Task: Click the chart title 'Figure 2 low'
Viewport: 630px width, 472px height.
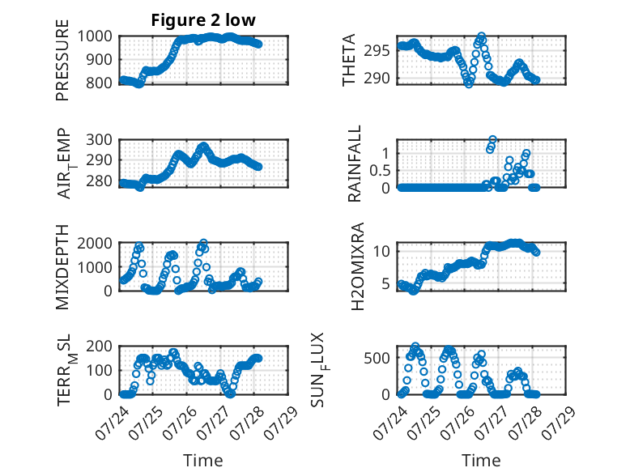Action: [x=203, y=20]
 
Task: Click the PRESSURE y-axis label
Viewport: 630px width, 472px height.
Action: [x=62, y=60]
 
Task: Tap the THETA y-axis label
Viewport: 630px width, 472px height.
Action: [x=349, y=60]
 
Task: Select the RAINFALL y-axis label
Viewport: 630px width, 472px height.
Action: [x=355, y=164]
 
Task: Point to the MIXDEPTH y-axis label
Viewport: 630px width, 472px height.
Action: [x=62, y=267]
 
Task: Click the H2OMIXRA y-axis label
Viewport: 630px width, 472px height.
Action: [x=357, y=266]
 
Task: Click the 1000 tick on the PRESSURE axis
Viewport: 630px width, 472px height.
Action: [x=95, y=36]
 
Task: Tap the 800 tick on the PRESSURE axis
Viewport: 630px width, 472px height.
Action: [x=100, y=83]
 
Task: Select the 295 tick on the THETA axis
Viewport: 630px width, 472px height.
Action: [x=377, y=51]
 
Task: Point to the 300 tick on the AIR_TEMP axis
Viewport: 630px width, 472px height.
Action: [x=100, y=140]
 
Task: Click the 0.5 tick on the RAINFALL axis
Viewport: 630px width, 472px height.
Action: [x=380, y=171]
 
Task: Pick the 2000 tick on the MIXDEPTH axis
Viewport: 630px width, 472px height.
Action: [x=95, y=244]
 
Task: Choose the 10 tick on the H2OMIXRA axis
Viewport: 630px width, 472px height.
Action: [x=381, y=252]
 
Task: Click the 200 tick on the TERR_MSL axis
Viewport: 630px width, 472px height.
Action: [x=100, y=347]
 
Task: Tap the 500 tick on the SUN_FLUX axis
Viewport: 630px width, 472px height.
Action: [x=377, y=358]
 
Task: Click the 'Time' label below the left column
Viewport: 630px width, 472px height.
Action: [x=203, y=461]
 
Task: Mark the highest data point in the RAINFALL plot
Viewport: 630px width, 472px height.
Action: [x=492, y=140]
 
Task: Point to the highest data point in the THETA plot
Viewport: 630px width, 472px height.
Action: [x=481, y=36]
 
